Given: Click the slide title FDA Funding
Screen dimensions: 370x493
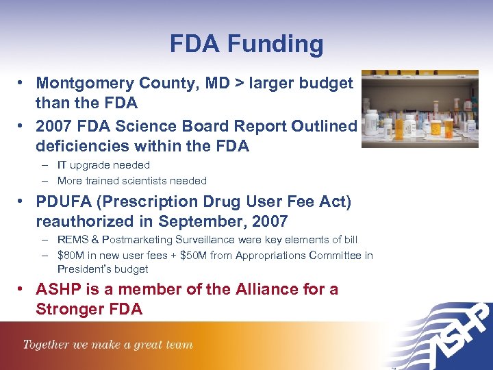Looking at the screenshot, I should [246, 45].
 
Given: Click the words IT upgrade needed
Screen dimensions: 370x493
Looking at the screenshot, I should [103, 165].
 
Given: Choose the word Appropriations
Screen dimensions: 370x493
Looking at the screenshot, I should [273, 256].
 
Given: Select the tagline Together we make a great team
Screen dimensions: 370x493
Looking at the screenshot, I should [108, 345].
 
